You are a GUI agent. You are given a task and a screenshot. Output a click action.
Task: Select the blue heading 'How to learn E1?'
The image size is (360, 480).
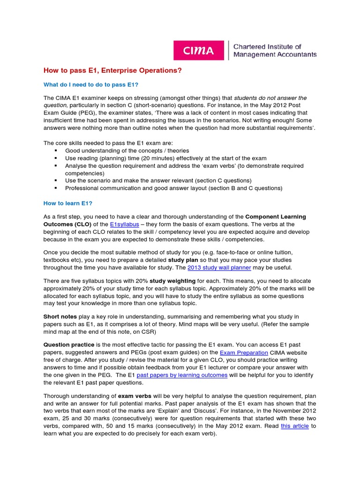[68, 203]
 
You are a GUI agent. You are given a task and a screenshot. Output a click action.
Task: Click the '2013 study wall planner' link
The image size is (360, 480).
[219, 268]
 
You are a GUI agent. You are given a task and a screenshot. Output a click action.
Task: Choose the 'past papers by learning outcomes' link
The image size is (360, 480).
[182, 375]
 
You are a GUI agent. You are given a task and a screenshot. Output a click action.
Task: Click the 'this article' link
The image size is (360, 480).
[295, 426]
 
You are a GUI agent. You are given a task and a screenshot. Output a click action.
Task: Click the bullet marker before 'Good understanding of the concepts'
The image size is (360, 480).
[56, 150]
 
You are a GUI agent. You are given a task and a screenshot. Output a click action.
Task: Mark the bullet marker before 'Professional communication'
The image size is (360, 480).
[56, 188]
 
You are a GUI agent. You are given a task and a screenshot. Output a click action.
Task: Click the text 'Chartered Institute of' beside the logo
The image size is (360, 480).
[267, 46]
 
